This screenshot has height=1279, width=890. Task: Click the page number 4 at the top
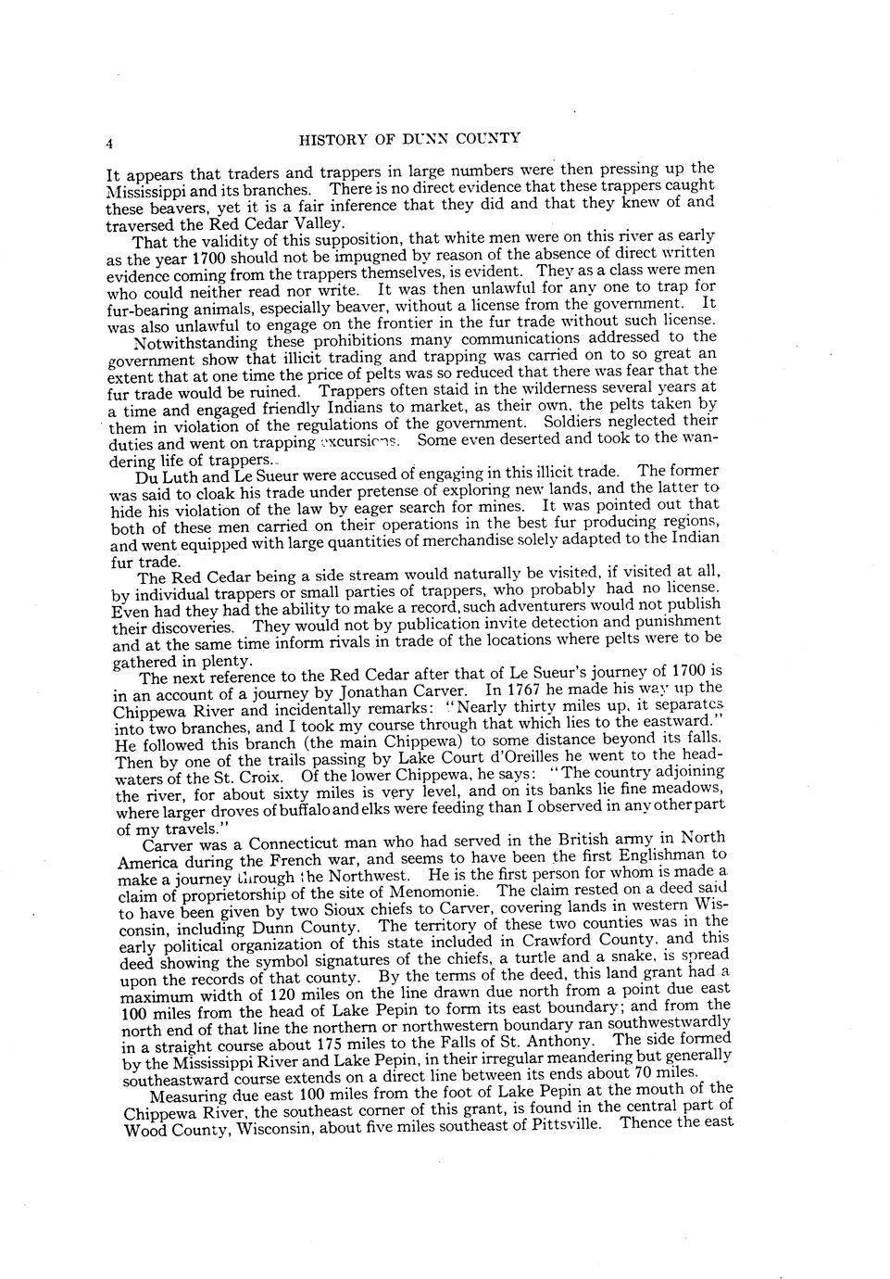109,143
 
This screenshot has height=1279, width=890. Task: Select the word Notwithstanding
191,342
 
